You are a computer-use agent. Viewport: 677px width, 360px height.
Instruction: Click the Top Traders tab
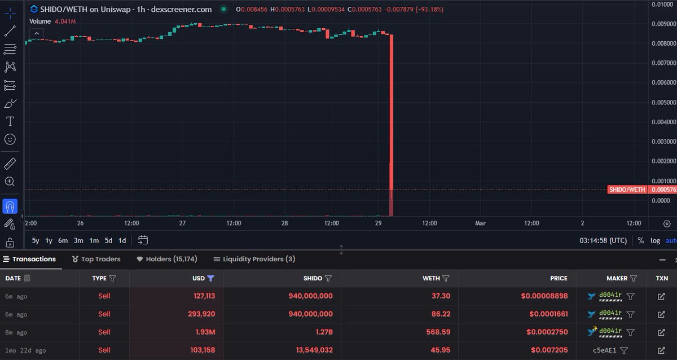click(x=96, y=259)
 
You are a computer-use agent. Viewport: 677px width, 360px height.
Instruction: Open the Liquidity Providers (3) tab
click(x=254, y=259)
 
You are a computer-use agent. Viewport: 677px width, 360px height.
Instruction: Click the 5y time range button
click(x=36, y=240)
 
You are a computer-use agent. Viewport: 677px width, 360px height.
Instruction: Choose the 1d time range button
click(x=122, y=240)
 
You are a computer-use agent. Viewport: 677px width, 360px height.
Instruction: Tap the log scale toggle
click(x=655, y=240)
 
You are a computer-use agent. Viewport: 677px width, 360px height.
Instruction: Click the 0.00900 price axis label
click(x=663, y=24)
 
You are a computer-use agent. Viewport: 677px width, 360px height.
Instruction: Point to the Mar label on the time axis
click(x=480, y=223)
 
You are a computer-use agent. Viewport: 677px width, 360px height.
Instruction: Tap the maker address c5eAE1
click(x=604, y=350)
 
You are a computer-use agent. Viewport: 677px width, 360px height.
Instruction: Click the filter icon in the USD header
click(x=210, y=278)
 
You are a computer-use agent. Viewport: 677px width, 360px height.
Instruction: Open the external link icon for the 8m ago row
click(x=662, y=332)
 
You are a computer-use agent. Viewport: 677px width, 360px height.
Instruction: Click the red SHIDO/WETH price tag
click(x=627, y=190)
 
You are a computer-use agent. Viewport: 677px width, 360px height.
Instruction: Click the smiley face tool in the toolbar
click(x=10, y=139)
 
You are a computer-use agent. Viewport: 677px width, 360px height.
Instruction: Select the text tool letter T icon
click(x=10, y=121)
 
